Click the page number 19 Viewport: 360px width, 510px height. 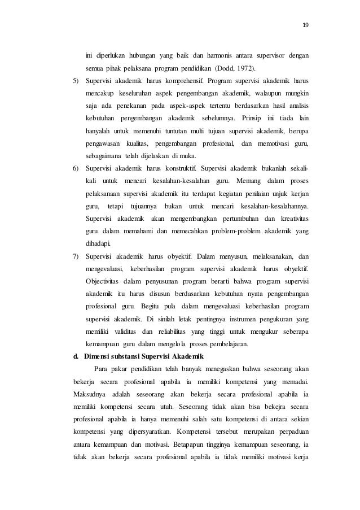point(306,25)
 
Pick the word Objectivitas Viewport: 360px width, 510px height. point(104,281)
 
